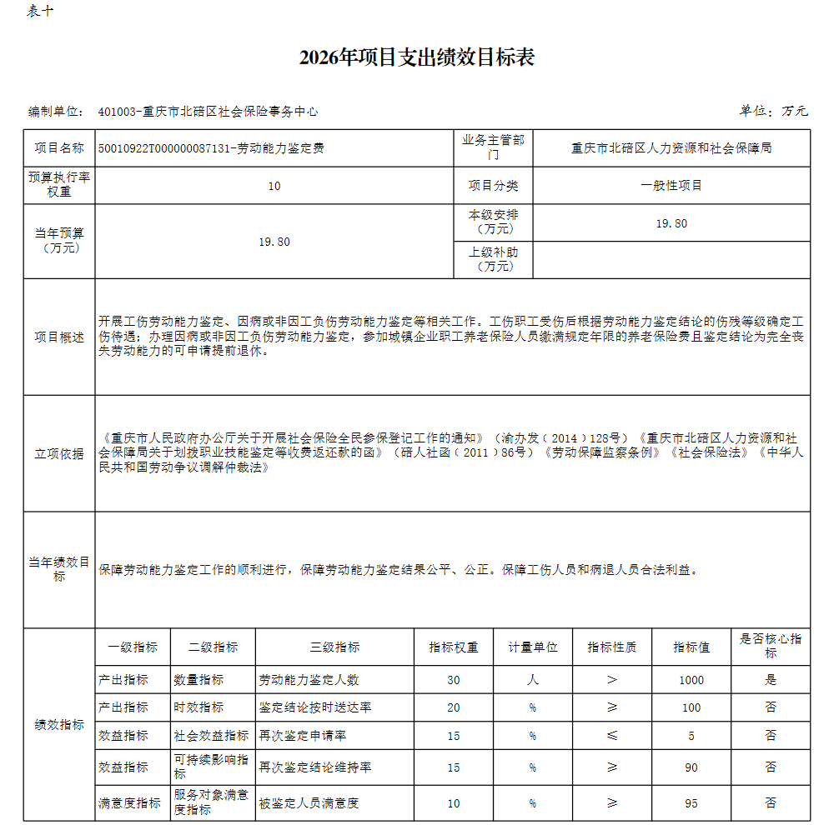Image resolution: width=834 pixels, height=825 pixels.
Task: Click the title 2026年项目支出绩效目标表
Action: tap(417, 57)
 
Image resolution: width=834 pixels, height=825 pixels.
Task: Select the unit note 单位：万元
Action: tap(773, 111)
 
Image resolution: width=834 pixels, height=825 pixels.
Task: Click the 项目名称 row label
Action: tap(59, 148)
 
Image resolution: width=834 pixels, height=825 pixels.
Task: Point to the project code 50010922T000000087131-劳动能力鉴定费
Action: tap(211, 148)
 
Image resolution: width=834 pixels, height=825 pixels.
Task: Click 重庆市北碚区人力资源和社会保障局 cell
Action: tap(671, 148)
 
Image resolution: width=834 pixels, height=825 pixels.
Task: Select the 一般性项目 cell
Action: tap(671, 186)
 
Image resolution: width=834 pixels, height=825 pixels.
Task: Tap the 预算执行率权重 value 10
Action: tap(274, 186)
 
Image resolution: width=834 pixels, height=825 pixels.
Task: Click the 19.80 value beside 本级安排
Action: tap(671, 223)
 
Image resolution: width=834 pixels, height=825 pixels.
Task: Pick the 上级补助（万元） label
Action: tap(494, 259)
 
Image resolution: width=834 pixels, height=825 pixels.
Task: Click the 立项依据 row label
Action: tap(59, 453)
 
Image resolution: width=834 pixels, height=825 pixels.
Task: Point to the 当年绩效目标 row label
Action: tap(59, 569)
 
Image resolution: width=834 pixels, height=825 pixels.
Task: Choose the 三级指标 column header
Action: tap(334, 647)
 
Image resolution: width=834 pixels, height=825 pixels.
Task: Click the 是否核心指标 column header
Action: tap(770, 646)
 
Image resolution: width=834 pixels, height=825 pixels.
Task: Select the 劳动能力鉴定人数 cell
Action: tap(309, 680)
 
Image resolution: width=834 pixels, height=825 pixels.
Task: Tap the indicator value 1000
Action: tap(691, 680)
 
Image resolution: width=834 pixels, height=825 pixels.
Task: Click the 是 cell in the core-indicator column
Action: tap(770, 680)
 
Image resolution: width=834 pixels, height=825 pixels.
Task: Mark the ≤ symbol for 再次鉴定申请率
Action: tap(612, 736)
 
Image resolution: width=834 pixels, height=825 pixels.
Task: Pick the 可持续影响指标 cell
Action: tap(212, 767)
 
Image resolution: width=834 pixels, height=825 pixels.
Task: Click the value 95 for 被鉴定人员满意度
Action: tap(691, 803)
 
